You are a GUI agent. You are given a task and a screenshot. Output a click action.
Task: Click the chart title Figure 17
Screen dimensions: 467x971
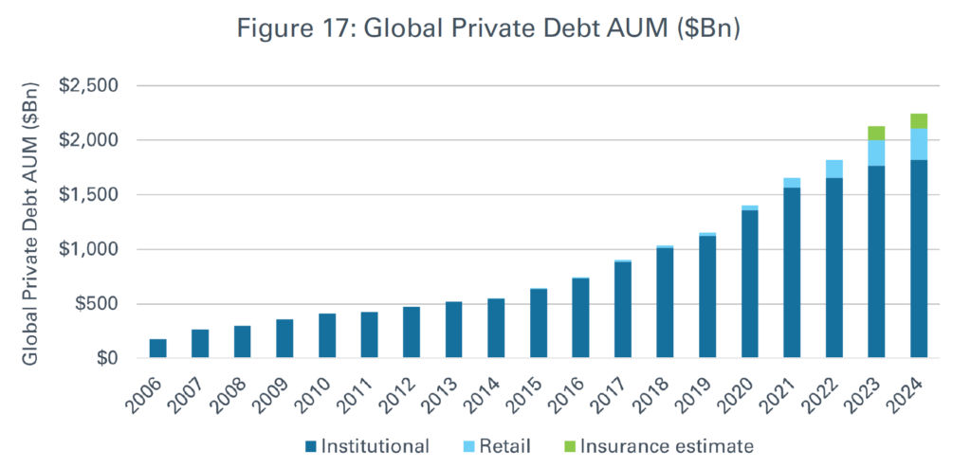pyautogui.click(x=485, y=29)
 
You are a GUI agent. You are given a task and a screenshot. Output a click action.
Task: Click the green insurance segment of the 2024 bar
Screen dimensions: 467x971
pyautogui.click(x=918, y=120)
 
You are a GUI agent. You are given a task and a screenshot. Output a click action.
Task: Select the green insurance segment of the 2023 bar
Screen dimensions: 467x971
pyautogui.click(x=875, y=133)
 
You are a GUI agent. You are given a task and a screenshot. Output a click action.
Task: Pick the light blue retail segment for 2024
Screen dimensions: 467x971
pyautogui.click(x=918, y=144)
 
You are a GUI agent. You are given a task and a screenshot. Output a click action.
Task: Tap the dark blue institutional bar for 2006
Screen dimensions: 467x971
pyautogui.click(x=157, y=349)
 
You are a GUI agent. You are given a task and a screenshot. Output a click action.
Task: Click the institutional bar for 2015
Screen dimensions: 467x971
pyautogui.click(x=538, y=323)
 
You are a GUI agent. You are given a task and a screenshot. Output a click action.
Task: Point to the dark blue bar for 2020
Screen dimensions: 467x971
pyautogui.click(x=749, y=284)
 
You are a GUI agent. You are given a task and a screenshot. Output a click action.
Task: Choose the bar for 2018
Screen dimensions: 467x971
pyautogui.click(x=665, y=303)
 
